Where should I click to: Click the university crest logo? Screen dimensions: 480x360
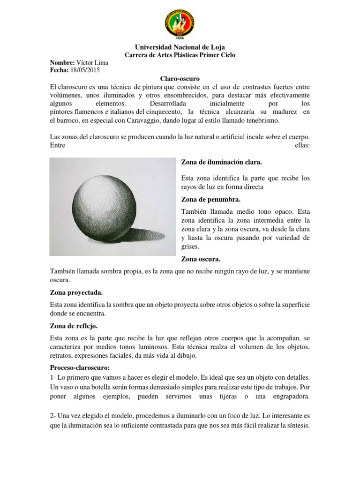click(180, 24)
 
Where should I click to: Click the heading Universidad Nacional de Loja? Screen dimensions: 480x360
click(180, 47)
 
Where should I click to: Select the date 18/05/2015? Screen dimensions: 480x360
click(85, 70)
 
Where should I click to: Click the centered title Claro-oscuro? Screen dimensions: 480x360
click(180, 79)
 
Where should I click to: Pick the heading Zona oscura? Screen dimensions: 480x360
click(201, 259)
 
